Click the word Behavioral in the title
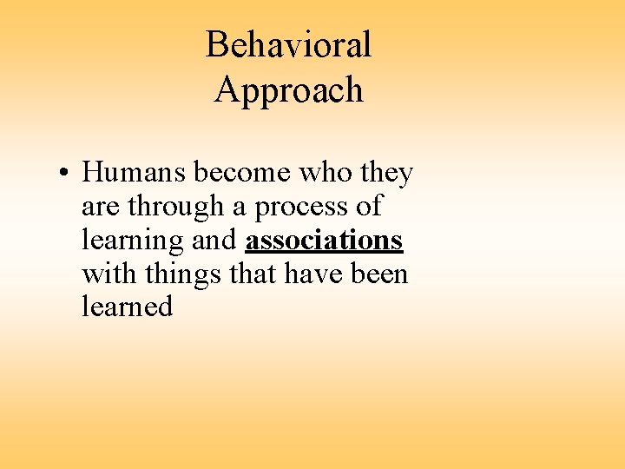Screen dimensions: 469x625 click(x=288, y=44)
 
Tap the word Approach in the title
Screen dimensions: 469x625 click(x=288, y=90)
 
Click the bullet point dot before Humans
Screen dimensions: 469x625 click(x=64, y=174)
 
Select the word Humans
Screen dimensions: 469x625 click(x=134, y=173)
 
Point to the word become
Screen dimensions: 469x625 click(x=242, y=173)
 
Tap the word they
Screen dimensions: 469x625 click(x=386, y=173)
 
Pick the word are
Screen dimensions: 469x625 click(x=101, y=208)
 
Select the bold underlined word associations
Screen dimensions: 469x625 click(x=325, y=241)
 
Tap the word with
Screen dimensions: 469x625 click(x=109, y=274)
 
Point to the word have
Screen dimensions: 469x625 click(x=313, y=274)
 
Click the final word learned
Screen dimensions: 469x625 click(x=128, y=307)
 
